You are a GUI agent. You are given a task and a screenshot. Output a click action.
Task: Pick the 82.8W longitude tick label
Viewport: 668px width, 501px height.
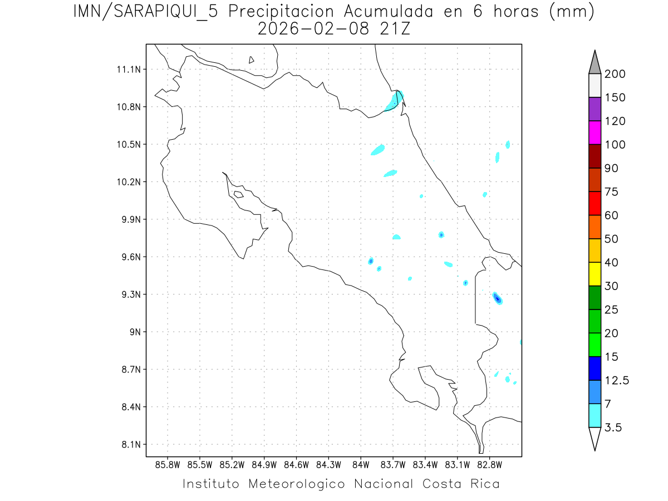click(x=489, y=464)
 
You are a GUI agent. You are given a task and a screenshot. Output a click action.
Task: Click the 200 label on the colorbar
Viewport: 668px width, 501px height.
click(x=615, y=74)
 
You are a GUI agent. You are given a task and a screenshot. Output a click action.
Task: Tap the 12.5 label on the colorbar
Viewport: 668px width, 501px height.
click(x=617, y=380)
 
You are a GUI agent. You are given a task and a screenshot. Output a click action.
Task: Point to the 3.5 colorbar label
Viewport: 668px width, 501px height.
click(x=613, y=428)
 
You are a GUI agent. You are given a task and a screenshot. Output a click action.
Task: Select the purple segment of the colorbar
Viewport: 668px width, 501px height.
click(x=595, y=109)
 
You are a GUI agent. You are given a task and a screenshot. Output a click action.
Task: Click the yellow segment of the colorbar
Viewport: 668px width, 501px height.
click(x=595, y=274)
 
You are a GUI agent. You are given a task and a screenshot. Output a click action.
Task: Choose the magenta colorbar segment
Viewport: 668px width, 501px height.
click(x=595, y=132)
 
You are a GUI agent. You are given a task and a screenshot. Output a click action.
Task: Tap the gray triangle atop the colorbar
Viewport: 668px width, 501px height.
click(x=595, y=63)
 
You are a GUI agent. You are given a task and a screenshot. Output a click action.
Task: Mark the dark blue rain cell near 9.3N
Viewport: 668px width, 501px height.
click(x=498, y=299)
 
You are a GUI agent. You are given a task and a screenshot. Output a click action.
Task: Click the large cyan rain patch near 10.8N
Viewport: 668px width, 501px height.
click(x=395, y=101)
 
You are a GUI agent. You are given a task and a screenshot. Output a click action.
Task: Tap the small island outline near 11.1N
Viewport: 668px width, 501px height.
click(x=252, y=60)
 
